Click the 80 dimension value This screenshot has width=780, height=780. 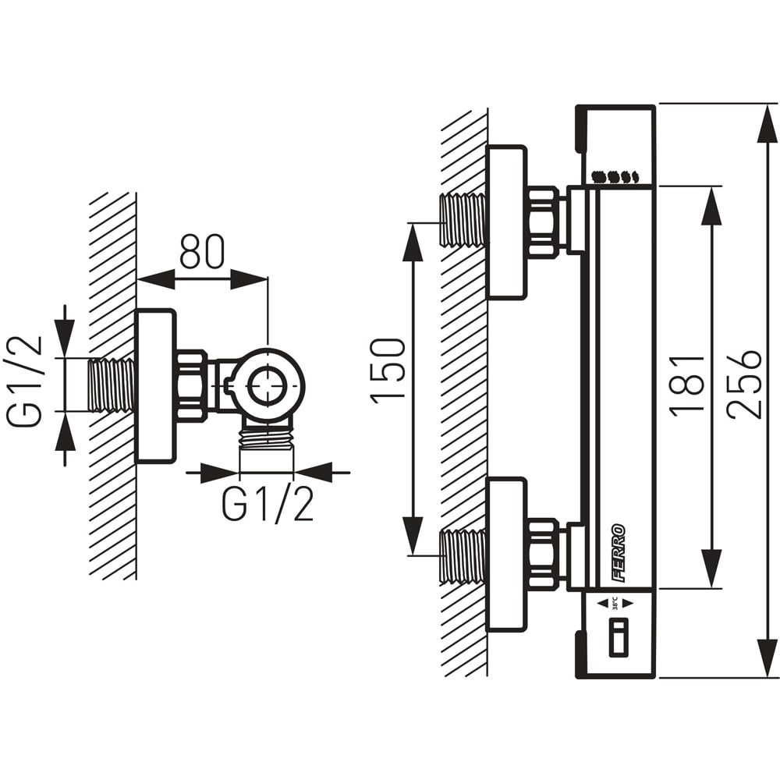[x=201, y=250]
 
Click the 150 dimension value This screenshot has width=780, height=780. [x=389, y=369]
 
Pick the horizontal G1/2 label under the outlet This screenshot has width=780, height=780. [x=268, y=505]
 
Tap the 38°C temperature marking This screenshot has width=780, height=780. [x=615, y=603]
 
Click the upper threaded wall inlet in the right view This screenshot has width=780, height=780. [x=463, y=220]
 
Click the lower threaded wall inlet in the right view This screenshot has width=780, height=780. [x=463, y=555]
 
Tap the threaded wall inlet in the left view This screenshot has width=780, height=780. [x=112, y=385]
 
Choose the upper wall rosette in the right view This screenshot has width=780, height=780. [x=506, y=222]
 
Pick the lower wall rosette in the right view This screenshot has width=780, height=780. [x=506, y=555]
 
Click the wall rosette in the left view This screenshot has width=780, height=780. [x=155, y=386]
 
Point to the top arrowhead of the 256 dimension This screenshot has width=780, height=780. [x=767, y=125]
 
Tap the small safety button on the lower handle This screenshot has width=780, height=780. [x=618, y=636]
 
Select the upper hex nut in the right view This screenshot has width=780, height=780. [x=544, y=222]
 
